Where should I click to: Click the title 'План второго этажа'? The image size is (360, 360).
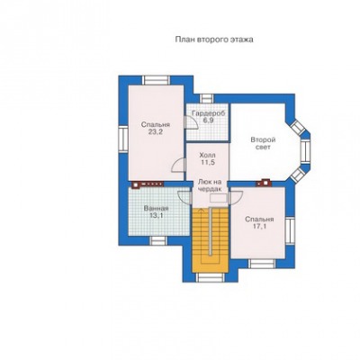coord(214,40)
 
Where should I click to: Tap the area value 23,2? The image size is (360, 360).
coord(156,132)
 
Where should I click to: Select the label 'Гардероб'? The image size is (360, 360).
coord(208,113)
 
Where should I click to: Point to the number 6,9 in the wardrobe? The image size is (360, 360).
coord(207,121)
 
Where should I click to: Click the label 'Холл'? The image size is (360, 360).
coord(207,156)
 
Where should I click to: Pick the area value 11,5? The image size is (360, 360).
coord(207,162)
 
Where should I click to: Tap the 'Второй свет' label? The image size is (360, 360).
coord(263,144)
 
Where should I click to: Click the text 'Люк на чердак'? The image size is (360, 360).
coord(210,185)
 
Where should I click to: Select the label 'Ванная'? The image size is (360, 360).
coord(156,209)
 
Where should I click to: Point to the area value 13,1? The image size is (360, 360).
coord(156,215)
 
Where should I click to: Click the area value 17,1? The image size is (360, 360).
coord(259,226)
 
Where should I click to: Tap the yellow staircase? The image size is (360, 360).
coord(210,240)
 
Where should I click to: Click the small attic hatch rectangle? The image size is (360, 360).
coord(219,198)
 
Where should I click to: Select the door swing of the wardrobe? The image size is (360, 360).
coord(192,123)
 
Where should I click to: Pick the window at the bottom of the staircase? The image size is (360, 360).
coord(210,277)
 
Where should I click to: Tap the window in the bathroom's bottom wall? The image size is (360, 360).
coord(158,240)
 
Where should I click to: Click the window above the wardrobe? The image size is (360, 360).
coord(206,99)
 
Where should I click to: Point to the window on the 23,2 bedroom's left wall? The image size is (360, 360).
coord(123,139)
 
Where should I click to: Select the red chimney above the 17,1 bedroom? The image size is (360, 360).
coord(264,183)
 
